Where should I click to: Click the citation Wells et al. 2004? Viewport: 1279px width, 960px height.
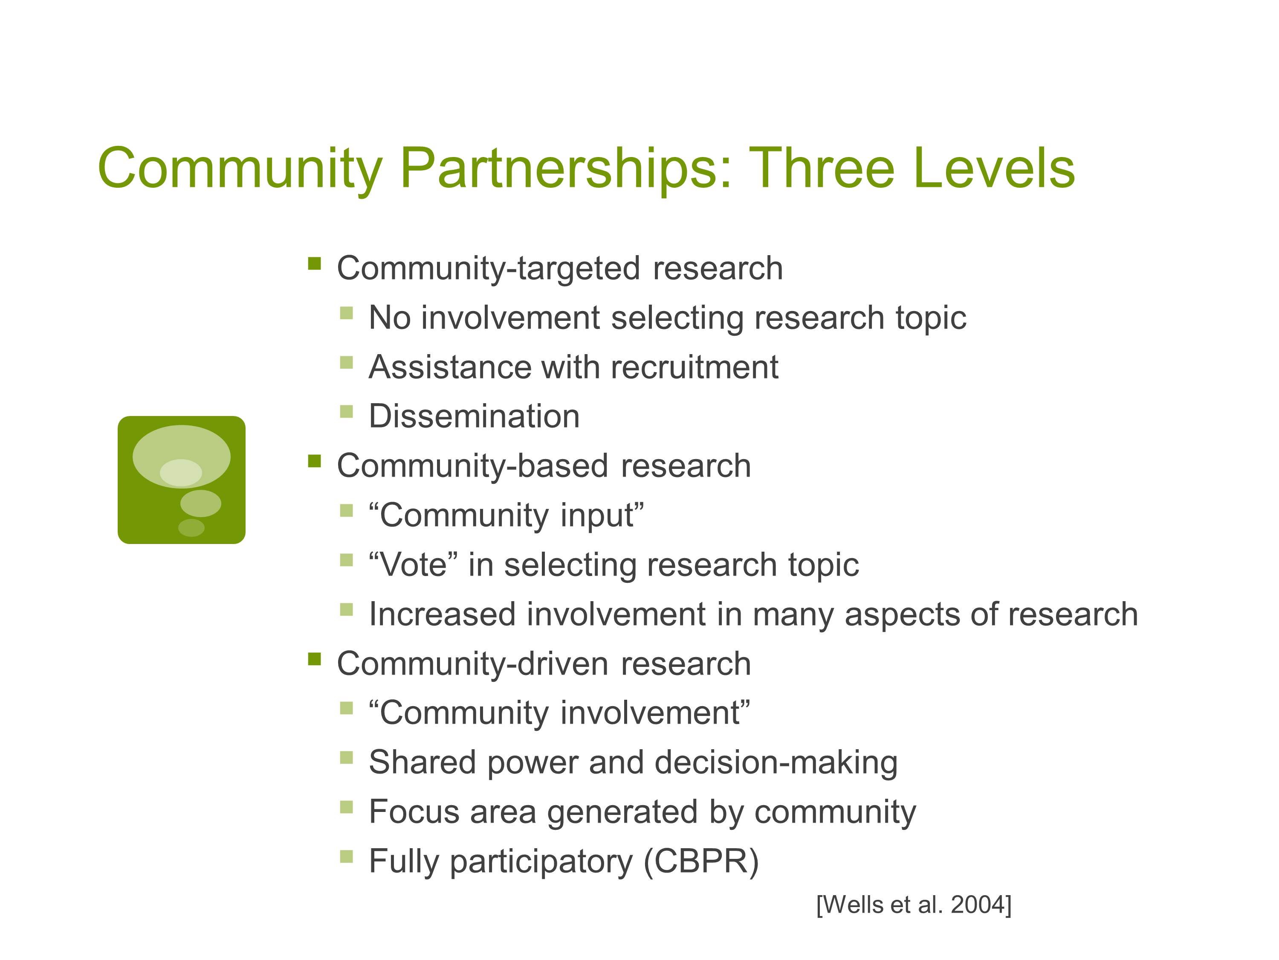pos(914,905)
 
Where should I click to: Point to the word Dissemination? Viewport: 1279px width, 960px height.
pos(474,416)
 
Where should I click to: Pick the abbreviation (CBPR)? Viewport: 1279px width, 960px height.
pos(701,861)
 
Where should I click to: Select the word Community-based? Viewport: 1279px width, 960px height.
pos(472,466)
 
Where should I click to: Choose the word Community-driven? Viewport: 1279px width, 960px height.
pos(472,663)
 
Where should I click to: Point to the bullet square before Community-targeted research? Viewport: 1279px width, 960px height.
pos(315,264)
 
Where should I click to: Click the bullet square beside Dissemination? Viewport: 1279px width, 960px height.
pos(346,411)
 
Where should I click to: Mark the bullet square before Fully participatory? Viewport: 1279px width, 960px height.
pos(346,856)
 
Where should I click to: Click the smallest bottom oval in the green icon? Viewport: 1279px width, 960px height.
pos(191,528)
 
